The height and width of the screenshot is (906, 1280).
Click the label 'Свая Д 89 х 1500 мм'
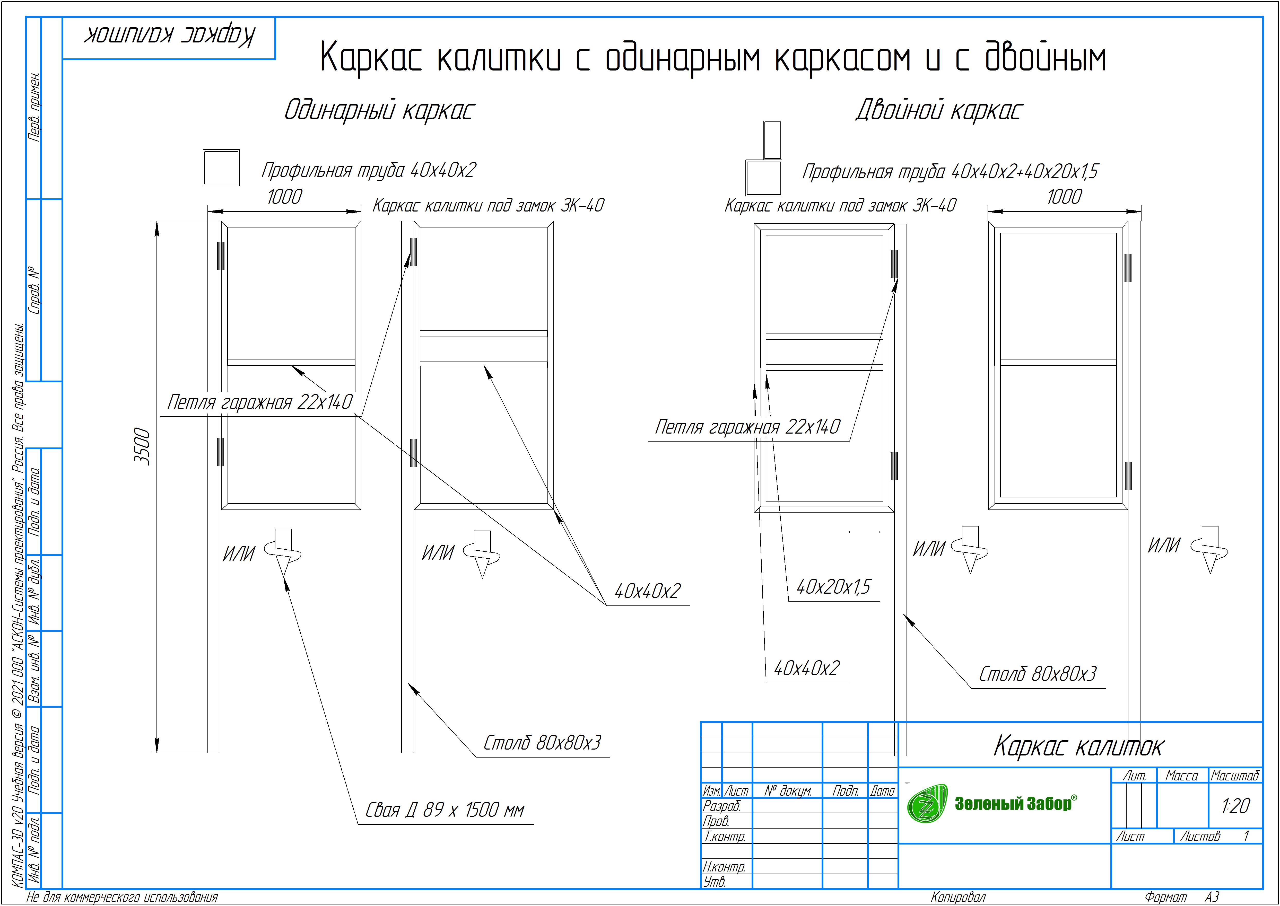(x=445, y=810)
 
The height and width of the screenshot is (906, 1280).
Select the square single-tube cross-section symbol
(x=221, y=167)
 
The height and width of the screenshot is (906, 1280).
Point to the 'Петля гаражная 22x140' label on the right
(x=747, y=427)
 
